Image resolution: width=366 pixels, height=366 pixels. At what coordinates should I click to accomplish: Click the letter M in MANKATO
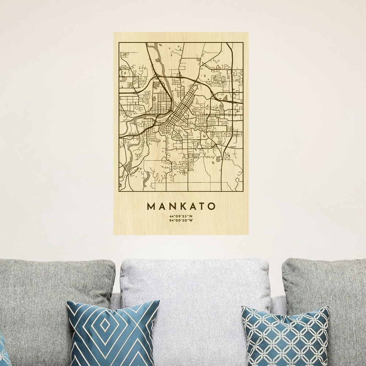point(151,206)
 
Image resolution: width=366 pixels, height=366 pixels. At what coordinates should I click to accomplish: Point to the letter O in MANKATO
point(212,206)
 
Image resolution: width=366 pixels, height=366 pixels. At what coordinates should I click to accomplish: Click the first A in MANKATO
point(161,206)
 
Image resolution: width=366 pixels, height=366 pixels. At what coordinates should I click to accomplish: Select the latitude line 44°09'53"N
point(181,216)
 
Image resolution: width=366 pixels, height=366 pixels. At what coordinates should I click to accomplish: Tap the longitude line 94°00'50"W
point(181,221)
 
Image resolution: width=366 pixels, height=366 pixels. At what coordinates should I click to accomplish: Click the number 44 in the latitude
point(171,216)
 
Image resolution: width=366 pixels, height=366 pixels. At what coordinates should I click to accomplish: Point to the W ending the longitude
point(191,221)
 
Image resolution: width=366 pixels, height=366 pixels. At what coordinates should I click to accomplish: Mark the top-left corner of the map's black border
point(119,43)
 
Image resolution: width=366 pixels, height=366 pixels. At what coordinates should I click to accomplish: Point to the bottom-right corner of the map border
point(243,191)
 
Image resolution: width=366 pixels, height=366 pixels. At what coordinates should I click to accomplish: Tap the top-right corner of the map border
point(243,43)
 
